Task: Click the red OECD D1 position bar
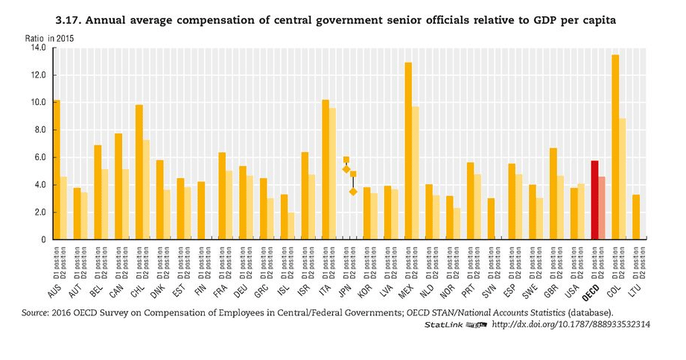point(594,200)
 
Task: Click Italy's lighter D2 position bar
point(333,174)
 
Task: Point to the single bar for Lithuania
point(636,217)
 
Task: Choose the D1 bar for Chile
point(139,172)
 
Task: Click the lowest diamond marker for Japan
point(353,192)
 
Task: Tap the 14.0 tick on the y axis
point(38,48)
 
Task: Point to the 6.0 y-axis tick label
point(38,157)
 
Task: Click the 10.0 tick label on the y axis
point(38,103)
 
